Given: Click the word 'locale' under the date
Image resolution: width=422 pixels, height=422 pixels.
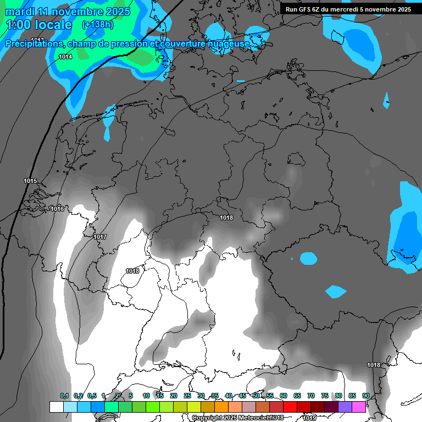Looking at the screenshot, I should click(53, 25).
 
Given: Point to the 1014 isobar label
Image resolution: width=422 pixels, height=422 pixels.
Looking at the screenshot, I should click(65, 57).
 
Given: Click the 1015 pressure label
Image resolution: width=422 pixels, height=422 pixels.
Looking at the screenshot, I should click(30, 181).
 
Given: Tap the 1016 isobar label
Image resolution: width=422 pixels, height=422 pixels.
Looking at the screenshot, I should click(57, 209).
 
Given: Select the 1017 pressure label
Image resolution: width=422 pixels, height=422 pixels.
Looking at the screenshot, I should click(100, 237).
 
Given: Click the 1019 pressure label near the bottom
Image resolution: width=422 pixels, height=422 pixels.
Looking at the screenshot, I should click(309, 418).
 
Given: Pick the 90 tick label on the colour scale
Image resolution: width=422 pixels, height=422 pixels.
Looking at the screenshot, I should click(366, 396).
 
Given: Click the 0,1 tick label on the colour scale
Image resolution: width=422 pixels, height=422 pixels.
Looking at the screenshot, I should click(64, 396).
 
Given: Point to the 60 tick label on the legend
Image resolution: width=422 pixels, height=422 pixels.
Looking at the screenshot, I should click(284, 396).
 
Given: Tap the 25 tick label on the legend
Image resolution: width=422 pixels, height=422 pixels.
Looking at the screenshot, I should click(187, 396).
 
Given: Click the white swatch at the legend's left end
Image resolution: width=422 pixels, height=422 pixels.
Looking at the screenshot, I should click(57, 407).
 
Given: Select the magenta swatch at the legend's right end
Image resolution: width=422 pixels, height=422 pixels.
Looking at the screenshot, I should click(359, 407).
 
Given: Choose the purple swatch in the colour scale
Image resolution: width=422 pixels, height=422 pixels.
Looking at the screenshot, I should click(345, 407).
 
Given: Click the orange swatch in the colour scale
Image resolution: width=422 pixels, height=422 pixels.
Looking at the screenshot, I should click(221, 407).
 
